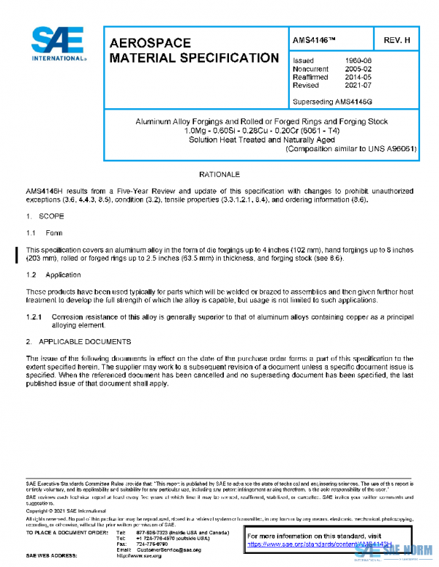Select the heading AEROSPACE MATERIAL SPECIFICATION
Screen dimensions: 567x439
tap(193, 50)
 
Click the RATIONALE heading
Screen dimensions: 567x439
tap(219, 175)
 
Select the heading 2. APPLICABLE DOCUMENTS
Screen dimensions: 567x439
tap(79, 341)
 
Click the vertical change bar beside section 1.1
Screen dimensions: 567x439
tap(18, 254)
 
